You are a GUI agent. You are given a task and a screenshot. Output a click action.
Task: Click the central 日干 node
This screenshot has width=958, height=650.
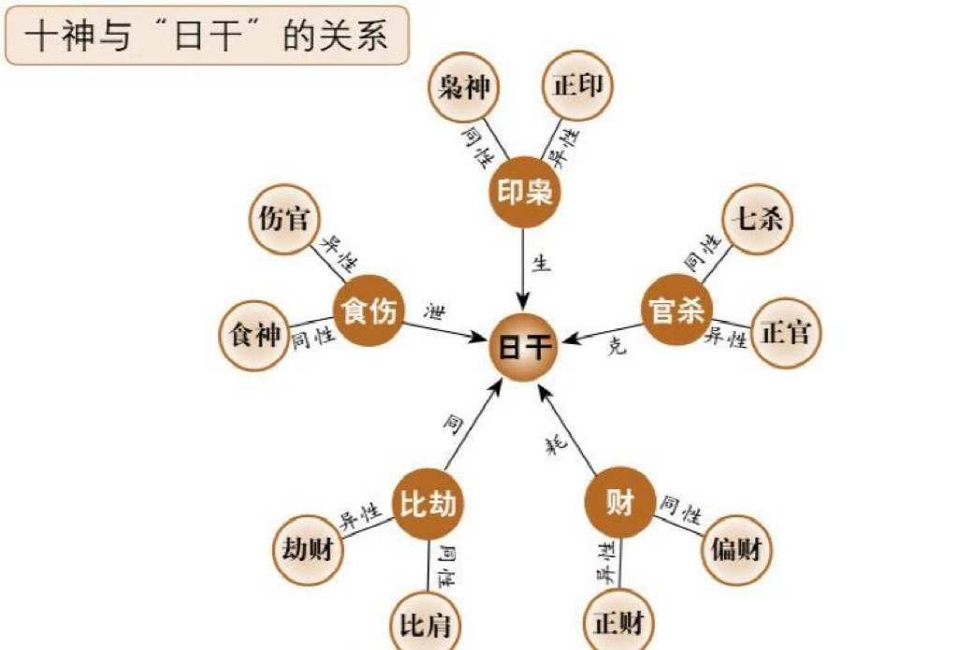point(524,347)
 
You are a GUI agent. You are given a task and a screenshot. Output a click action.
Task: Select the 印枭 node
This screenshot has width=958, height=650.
point(524,192)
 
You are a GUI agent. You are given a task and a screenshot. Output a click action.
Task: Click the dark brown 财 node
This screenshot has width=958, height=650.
point(619,503)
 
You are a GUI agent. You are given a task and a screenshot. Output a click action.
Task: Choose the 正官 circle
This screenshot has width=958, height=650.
point(785,332)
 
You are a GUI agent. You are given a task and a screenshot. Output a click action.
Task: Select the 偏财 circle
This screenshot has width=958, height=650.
point(736,549)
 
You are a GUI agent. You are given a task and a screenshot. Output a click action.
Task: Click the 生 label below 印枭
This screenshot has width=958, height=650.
point(541,263)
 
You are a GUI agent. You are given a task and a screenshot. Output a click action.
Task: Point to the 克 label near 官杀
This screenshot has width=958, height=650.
point(615,348)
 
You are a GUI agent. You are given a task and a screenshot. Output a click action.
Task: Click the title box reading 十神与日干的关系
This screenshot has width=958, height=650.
point(207,37)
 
